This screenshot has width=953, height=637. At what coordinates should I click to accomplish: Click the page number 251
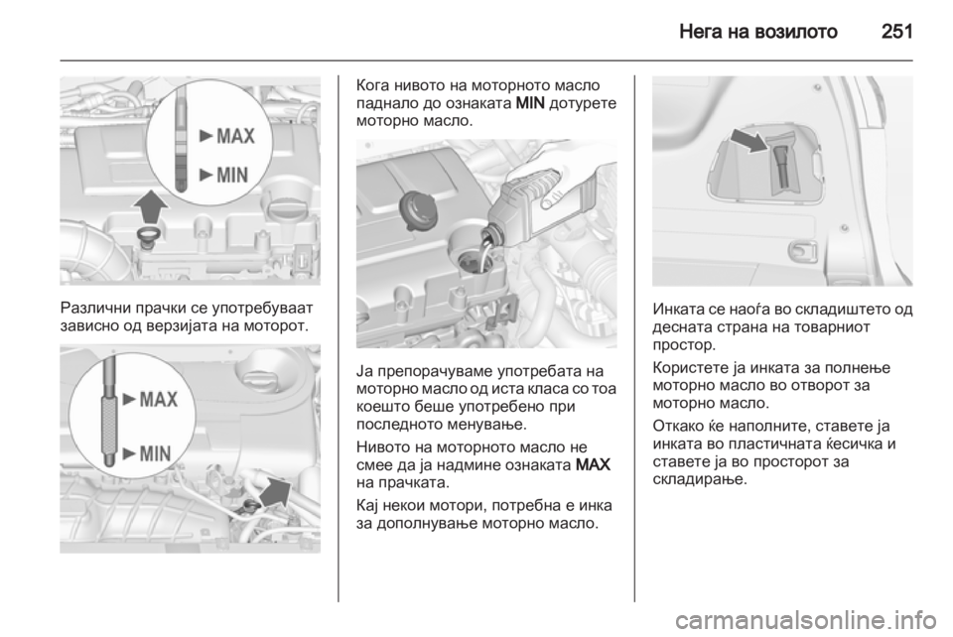pyautogui.click(x=896, y=31)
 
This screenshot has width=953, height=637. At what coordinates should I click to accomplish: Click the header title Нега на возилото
pyautogui.click(x=757, y=32)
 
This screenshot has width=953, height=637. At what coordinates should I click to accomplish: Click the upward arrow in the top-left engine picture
pyautogui.click(x=150, y=207)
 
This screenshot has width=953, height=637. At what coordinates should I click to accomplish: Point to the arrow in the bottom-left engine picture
pyautogui.click(x=275, y=491)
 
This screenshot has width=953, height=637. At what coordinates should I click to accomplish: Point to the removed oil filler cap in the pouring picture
pyautogui.click(x=416, y=211)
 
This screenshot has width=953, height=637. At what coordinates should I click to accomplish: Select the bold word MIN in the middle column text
pyautogui.click(x=529, y=102)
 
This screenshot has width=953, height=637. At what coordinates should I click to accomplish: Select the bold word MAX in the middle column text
pyautogui.click(x=592, y=465)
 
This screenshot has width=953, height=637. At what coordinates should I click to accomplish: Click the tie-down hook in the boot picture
pyautogui.click(x=802, y=250)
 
